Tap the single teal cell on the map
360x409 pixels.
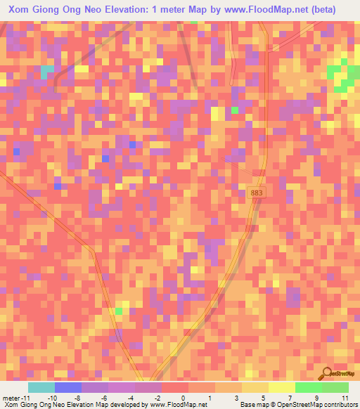46,72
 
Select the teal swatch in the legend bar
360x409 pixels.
41,388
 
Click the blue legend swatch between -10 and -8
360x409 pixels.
67,388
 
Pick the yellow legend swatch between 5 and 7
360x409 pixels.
281,388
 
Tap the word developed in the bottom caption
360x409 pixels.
112,405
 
